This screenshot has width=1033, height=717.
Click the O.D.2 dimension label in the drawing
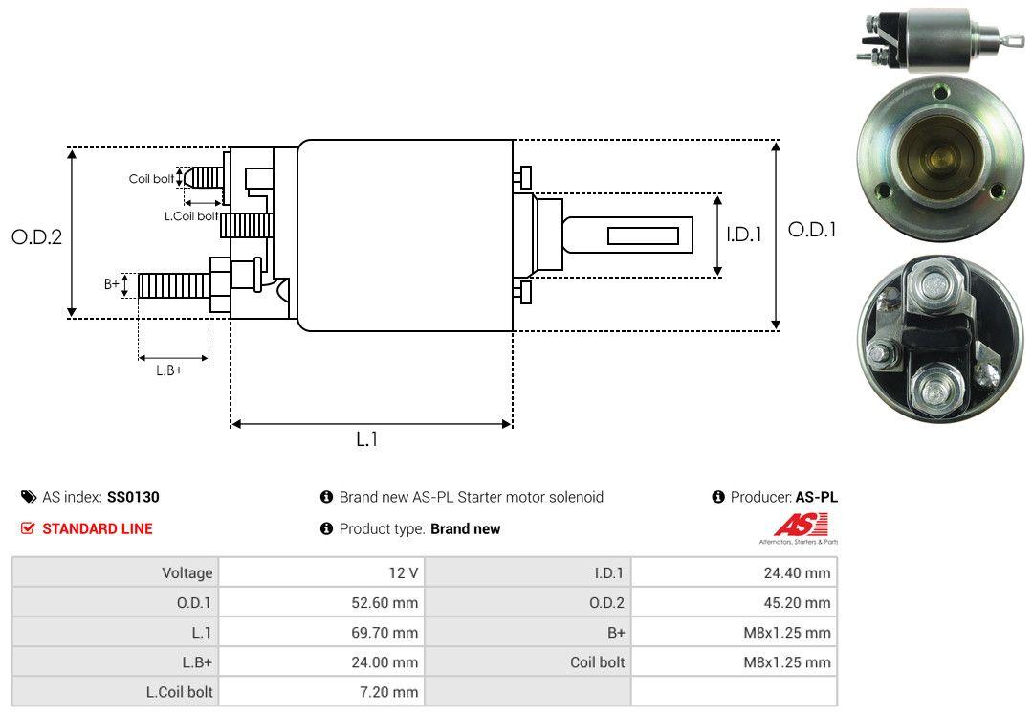[37, 237]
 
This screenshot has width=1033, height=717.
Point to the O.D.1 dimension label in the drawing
[812, 230]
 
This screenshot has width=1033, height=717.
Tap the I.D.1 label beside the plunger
[744, 235]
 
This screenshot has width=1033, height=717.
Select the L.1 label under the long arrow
[367, 439]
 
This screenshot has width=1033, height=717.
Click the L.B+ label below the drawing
[169, 370]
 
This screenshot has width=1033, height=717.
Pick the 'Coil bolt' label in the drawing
[151, 179]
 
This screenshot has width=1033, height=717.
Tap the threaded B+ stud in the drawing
[174, 285]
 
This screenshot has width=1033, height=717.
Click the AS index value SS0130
[133, 497]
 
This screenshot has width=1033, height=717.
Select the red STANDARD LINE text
[98, 528]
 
